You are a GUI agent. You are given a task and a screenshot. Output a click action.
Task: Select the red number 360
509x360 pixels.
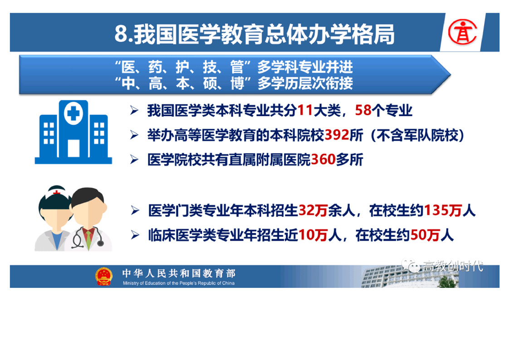click(x=323, y=159)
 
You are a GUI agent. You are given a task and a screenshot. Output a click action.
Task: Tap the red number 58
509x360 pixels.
click(x=363, y=110)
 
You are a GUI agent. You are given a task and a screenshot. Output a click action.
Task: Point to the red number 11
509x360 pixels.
click(x=305, y=110)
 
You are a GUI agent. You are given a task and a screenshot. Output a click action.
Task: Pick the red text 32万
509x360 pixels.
click(x=313, y=211)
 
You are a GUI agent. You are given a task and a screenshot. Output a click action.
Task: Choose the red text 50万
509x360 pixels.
click(x=425, y=235)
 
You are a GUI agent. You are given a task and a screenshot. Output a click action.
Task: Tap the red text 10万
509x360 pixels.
click(x=313, y=235)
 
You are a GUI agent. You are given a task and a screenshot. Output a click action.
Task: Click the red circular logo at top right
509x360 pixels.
click(x=462, y=32)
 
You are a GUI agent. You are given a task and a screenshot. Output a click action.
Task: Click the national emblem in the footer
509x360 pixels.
click(x=103, y=276)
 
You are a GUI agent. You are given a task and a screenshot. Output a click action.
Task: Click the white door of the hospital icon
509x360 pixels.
click(x=73, y=148)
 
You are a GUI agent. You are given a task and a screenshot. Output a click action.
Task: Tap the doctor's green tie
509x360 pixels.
click(x=88, y=239)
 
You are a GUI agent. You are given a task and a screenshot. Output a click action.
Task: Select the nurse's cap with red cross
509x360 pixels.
click(x=57, y=192)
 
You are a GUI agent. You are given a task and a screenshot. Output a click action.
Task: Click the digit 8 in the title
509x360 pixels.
click(x=120, y=34)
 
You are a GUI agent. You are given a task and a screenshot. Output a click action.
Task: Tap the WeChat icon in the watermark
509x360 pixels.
click(x=410, y=265)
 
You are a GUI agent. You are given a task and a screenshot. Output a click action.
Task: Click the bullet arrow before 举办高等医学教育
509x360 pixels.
click(x=134, y=135)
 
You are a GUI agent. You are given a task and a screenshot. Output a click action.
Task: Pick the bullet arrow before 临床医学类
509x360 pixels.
click(x=135, y=235)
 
